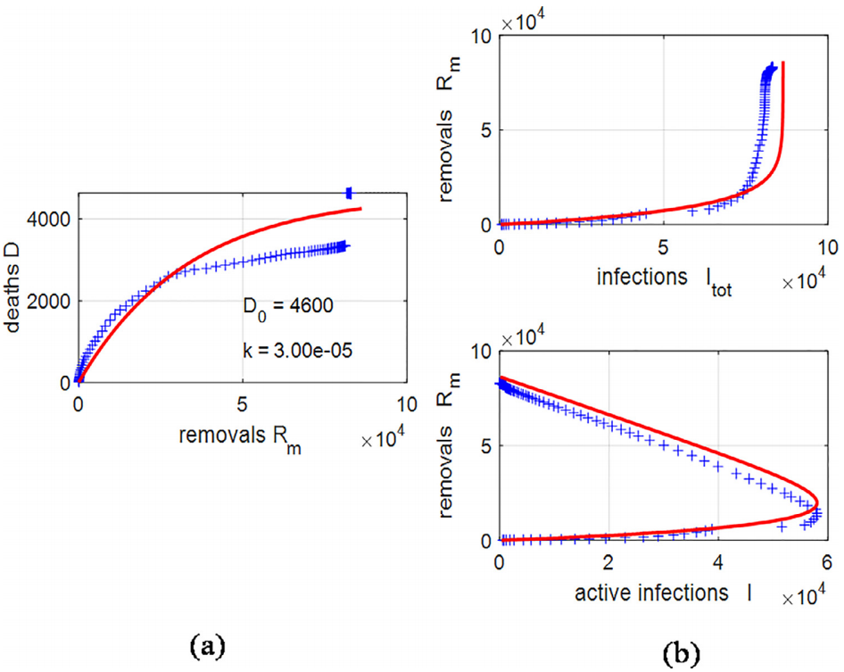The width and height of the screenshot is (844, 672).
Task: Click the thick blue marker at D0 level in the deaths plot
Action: click(x=350, y=193)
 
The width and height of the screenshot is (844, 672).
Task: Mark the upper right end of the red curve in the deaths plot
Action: click(x=361, y=208)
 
